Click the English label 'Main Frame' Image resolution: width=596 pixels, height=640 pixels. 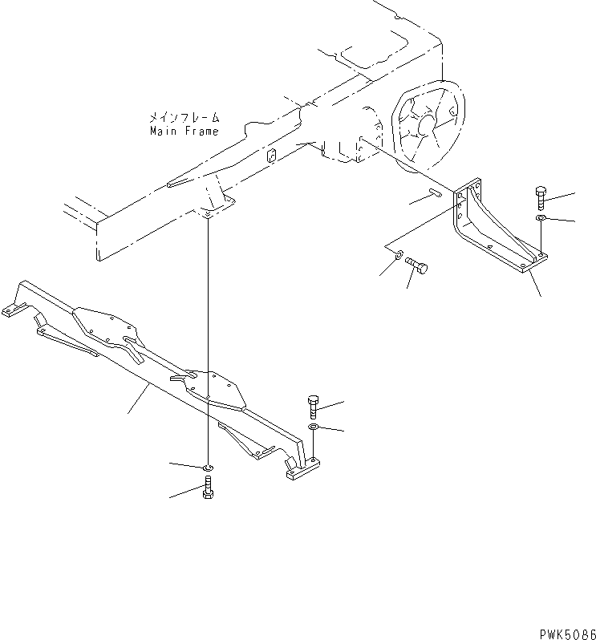184,130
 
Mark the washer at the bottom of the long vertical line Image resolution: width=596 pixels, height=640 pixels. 208,467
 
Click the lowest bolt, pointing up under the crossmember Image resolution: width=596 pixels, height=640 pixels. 207,488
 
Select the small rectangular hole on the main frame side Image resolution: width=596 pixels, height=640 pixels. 271,155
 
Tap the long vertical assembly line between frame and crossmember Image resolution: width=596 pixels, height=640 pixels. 208,337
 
